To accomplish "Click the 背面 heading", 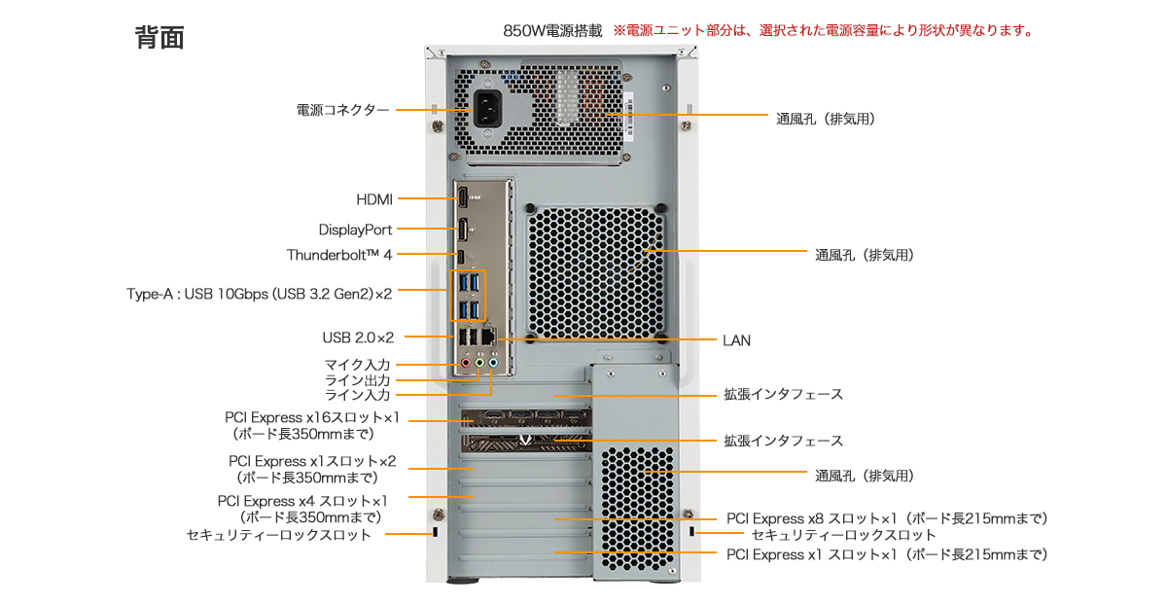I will (159, 38).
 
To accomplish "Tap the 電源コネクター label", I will (342, 110).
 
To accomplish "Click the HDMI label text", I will (374, 199).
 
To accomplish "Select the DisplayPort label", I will (355, 230).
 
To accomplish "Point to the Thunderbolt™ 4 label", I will (339, 255).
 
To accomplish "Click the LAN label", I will (736, 340).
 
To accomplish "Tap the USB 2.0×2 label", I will (358, 337).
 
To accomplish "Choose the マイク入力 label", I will (357, 364).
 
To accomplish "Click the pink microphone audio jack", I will (466, 364).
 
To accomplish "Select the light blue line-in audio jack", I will (493, 364).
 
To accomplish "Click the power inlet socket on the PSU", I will (491, 109).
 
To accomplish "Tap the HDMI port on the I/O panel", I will (463, 197).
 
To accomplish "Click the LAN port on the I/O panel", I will (490, 337).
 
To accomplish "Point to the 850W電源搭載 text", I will (552, 31).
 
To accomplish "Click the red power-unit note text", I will (823, 31).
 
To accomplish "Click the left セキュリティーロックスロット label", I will (279, 535).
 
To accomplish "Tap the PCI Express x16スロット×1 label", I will (311, 418).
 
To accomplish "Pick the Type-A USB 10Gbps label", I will (259, 292).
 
